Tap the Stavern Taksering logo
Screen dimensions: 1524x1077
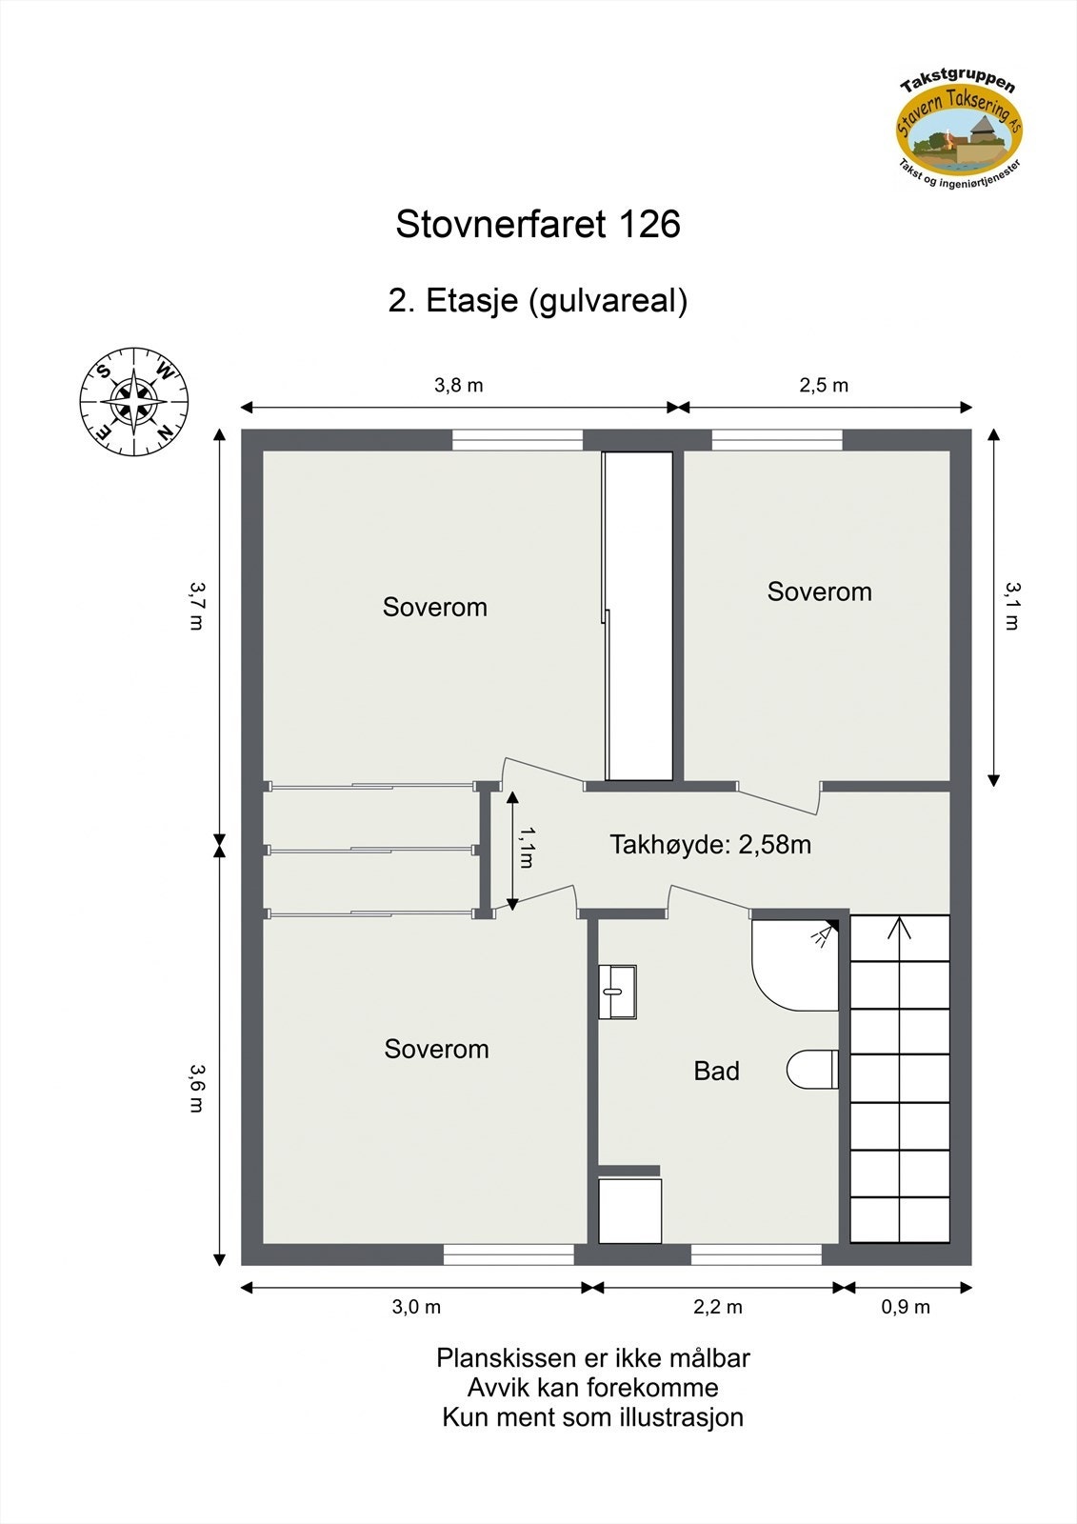click(x=959, y=129)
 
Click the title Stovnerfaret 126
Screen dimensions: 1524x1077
click(x=538, y=225)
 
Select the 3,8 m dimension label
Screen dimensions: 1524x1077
click(x=459, y=386)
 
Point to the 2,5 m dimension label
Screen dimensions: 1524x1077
click(x=824, y=386)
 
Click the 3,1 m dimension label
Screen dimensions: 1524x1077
click(x=1011, y=607)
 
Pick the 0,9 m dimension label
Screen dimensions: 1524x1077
click(x=906, y=1307)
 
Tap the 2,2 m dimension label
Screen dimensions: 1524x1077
click(x=718, y=1307)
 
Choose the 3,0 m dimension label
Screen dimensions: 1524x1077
click(x=416, y=1307)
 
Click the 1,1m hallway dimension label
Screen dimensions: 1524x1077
click(x=526, y=847)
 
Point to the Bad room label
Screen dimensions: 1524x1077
click(x=716, y=1072)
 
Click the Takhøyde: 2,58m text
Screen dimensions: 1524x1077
click(x=710, y=845)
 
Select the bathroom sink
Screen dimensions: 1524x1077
click(x=617, y=992)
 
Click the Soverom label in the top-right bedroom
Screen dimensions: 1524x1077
click(x=819, y=592)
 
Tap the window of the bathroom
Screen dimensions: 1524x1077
click(x=756, y=1254)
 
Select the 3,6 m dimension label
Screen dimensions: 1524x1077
click(x=196, y=1089)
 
